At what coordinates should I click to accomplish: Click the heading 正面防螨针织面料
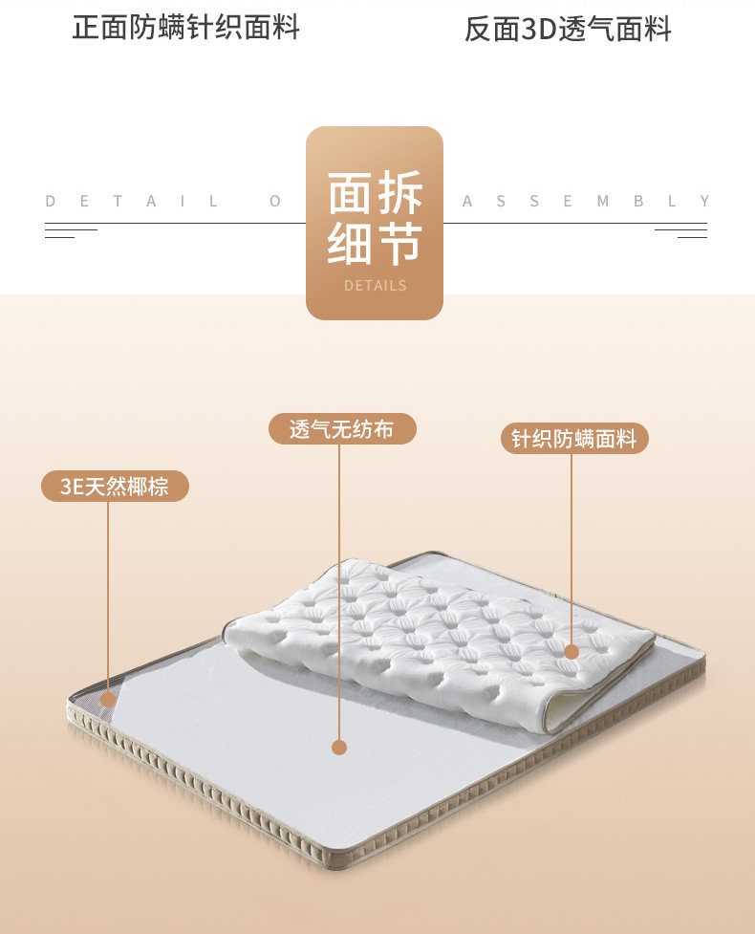point(186,28)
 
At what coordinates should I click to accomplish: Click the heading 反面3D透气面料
point(568,30)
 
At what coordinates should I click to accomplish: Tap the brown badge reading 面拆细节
point(375,223)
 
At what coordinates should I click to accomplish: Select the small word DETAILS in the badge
point(375,285)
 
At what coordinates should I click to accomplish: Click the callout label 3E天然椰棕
point(115,487)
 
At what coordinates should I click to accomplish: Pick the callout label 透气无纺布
point(341,429)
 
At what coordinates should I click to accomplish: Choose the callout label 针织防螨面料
point(574,439)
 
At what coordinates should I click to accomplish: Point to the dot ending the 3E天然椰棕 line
point(108,700)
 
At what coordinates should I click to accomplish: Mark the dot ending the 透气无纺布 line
point(339,748)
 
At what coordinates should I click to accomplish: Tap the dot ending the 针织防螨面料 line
point(572,652)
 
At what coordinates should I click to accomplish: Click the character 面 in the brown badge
point(351,194)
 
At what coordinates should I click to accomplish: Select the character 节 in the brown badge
point(399,244)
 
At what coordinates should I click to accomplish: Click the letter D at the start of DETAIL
point(51,201)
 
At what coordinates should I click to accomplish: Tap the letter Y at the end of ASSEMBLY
point(704,201)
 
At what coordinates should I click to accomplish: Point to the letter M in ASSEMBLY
point(603,201)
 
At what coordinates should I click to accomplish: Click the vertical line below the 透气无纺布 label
point(340,593)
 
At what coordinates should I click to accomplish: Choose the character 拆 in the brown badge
point(399,194)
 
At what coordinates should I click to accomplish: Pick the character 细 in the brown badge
point(351,244)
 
